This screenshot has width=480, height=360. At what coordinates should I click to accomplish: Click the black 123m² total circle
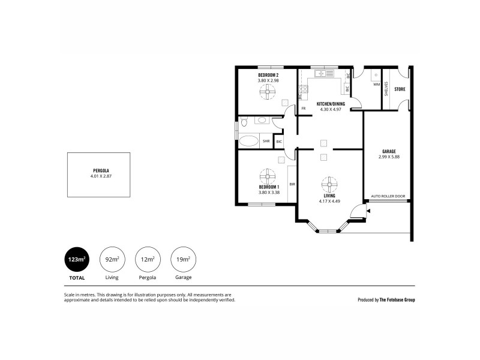tap(76, 259)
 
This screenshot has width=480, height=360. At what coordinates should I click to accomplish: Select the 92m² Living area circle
tap(112, 259)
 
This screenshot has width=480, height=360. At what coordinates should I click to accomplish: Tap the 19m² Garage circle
tap(183, 259)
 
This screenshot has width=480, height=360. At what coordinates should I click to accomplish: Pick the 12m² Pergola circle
tap(148, 259)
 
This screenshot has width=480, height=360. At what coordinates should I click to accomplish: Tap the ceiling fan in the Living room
tap(329, 183)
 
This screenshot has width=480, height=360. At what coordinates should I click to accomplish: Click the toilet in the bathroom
tap(244, 124)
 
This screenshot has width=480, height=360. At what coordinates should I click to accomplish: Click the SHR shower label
tap(266, 142)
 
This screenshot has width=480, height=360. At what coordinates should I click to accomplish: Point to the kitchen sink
tap(325, 74)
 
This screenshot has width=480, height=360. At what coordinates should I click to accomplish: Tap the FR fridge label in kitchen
tap(304, 109)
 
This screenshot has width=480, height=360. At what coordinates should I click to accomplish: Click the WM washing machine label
tap(376, 85)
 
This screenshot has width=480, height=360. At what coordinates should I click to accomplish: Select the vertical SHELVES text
tap(387, 89)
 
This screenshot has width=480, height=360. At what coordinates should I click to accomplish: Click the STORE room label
tap(400, 89)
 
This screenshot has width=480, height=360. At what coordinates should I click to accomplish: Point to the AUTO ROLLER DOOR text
tap(388, 196)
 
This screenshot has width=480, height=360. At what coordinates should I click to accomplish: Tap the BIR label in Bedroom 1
tap(292, 184)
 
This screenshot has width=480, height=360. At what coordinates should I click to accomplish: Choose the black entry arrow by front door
tap(368, 211)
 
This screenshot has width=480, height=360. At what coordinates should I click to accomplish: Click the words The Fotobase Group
tap(397, 299)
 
